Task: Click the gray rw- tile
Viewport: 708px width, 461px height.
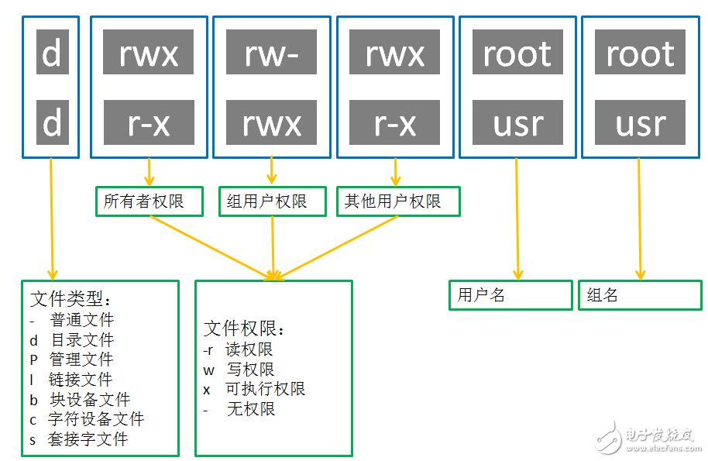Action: [272, 53]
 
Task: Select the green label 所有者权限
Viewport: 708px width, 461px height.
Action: [149, 201]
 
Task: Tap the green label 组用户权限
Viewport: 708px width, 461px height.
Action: [272, 201]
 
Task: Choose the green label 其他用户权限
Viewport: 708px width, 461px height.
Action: [398, 201]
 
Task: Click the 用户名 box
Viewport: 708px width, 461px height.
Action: [510, 295]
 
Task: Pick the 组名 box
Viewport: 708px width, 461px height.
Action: [640, 295]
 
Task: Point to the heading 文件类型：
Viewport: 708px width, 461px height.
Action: [71, 299]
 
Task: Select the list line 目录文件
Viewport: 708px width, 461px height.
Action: [72, 339]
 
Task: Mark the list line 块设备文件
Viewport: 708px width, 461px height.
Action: [80, 400]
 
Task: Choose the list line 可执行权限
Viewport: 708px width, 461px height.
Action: [255, 389]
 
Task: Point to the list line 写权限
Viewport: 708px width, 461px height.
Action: [239, 370]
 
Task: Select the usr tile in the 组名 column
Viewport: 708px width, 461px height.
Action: [641, 122]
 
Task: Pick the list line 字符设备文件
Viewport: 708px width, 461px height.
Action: [87, 420]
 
